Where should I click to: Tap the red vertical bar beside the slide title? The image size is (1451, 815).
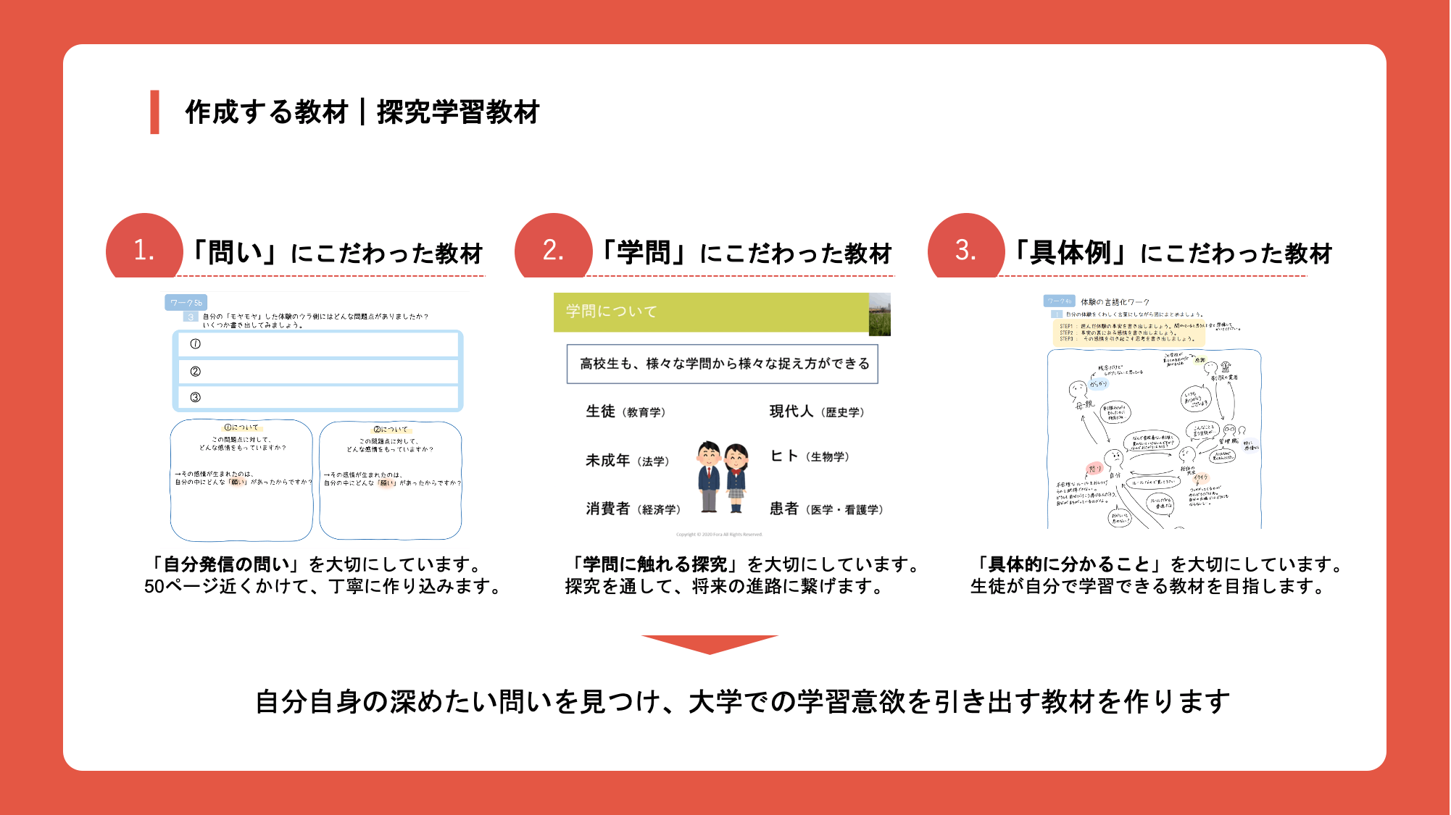(x=154, y=112)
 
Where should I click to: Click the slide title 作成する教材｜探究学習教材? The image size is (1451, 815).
(x=362, y=112)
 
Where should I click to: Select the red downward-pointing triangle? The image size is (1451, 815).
(x=710, y=643)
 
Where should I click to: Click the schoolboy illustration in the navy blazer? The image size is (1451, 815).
(x=708, y=477)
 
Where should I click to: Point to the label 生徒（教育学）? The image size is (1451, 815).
(x=625, y=411)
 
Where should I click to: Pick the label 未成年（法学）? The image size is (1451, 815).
(x=627, y=461)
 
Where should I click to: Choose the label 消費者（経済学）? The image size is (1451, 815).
(x=633, y=509)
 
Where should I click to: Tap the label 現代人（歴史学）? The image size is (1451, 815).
(x=816, y=411)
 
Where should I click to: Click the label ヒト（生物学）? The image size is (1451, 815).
(x=809, y=456)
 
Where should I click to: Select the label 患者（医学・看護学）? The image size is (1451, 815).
(x=826, y=509)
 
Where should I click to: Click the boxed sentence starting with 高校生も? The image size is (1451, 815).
(x=723, y=364)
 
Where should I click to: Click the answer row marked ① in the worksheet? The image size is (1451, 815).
(x=317, y=344)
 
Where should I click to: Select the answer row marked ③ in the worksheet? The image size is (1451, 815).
(x=317, y=398)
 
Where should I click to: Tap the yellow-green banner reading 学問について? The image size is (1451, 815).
(x=711, y=312)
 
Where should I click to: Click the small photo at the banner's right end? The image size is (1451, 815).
(x=880, y=314)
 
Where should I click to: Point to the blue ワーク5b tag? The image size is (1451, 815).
(x=186, y=303)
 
